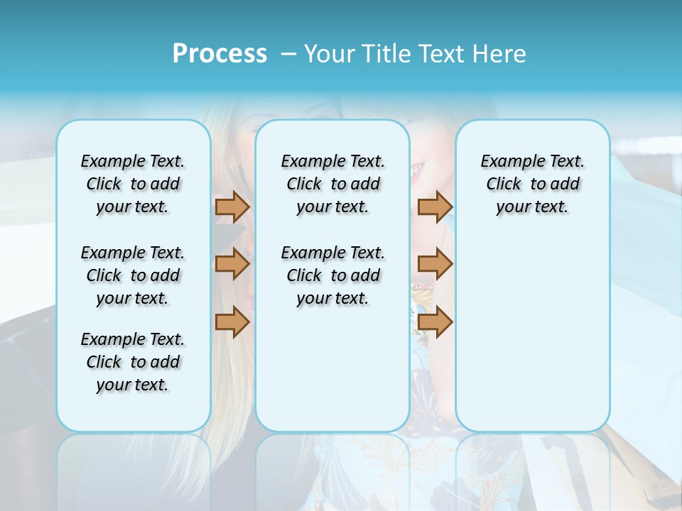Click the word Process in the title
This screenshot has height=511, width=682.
point(220,53)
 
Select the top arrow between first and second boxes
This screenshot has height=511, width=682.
point(232,207)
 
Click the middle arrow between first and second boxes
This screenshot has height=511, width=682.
point(232,265)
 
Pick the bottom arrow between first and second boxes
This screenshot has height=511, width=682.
point(232,322)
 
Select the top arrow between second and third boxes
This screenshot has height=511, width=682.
point(435,207)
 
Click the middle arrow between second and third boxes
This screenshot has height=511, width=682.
point(435,265)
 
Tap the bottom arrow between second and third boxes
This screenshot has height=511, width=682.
point(435,322)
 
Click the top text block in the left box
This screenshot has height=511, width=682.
point(133,184)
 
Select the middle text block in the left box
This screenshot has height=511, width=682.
point(133,275)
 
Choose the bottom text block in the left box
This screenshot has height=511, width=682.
point(133,362)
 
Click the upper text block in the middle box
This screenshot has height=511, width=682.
point(332,184)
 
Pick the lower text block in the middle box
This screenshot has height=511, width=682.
point(332,275)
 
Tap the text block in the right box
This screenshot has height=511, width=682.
point(532,184)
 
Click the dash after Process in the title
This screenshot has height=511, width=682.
point(288,53)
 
